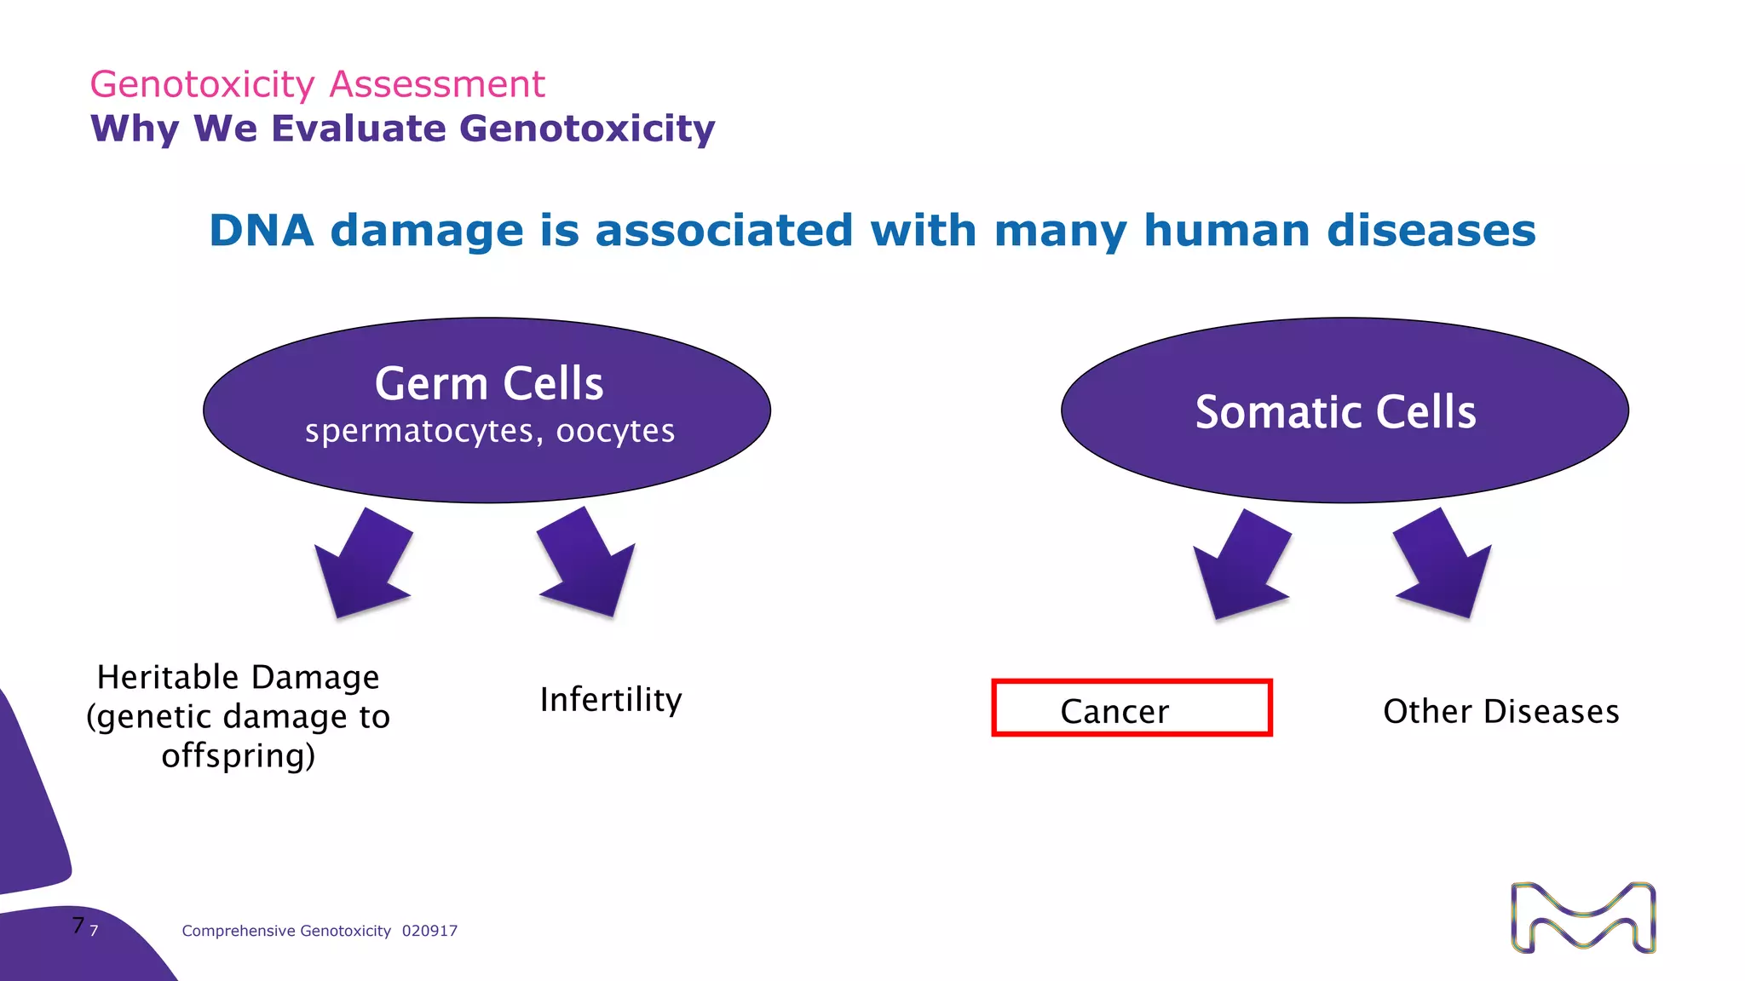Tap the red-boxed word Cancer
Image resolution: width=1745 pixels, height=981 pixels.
[x=1114, y=711]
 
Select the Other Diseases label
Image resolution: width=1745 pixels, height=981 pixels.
[x=1500, y=711]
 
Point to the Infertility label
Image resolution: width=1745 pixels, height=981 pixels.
[x=611, y=700]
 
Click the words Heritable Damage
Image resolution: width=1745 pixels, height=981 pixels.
[x=238, y=678]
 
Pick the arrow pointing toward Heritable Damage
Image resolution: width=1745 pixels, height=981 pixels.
[x=364, y=566]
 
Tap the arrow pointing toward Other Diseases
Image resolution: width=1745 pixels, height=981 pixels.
[x=1443, y=565]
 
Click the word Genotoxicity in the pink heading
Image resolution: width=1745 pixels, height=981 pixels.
[x=202, y=84]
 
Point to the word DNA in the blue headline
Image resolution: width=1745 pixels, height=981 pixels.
[x=261, y=231]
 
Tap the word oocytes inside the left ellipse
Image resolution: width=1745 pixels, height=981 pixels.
[x=615, y=432]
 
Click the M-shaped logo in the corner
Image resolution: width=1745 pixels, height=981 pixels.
[x=1583, y=918]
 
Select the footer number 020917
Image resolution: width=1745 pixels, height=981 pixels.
[x=429, y=931]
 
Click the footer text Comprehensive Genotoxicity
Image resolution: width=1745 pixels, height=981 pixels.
[x=286, y=931]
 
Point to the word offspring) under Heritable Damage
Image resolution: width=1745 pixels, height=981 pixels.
[x=238, y=756]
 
